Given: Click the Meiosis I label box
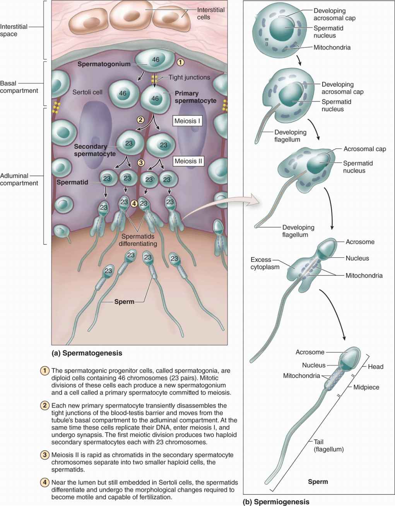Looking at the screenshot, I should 187,121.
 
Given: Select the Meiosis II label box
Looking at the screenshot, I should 188,161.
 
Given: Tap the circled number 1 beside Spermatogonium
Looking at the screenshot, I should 180,62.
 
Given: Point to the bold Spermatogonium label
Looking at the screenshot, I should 104,64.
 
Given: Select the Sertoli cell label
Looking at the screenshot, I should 87,92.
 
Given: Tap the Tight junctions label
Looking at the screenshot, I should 189,77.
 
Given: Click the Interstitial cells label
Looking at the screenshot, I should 210,14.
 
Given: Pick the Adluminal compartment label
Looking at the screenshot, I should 19,179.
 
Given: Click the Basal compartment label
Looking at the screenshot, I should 19,87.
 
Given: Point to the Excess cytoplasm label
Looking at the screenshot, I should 265,263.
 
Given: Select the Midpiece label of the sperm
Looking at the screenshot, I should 366,387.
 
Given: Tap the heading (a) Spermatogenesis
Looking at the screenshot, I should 87,353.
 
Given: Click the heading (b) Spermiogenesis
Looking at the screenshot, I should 276,502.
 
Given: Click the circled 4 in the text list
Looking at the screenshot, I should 45,483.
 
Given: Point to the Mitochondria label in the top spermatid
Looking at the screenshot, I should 332,47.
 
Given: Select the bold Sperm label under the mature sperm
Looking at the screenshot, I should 318,482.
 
